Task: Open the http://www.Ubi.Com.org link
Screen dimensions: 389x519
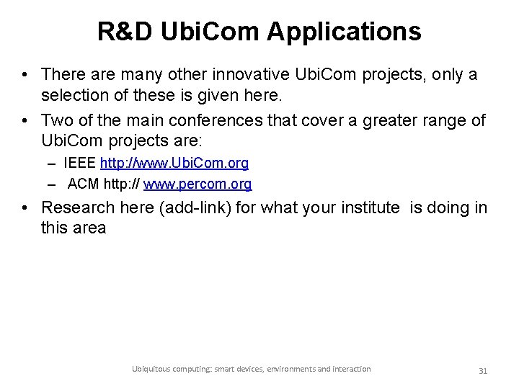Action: [x=174, y=164]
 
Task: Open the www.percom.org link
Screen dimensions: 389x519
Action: [x=198, y=184]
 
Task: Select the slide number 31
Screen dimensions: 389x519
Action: [x=484, y=370]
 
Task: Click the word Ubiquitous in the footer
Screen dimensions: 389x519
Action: [x=152, y=369]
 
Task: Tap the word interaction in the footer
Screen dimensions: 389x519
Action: [x=347, y=369]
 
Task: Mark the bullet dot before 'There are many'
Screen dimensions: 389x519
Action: [x=25, y=75]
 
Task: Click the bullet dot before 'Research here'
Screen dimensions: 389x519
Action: [x=25, y=209]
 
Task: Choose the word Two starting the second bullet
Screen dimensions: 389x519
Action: [x=56, y=119]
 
